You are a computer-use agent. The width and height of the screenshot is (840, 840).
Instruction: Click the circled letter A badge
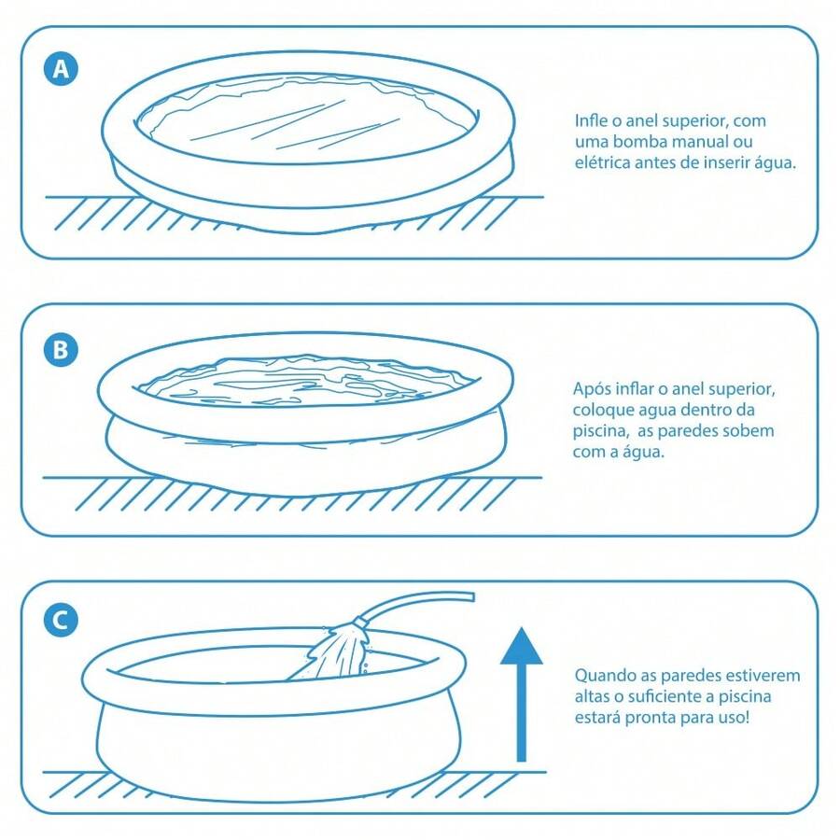tap(62, 69)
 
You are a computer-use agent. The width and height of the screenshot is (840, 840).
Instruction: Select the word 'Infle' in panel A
tap(590, 121)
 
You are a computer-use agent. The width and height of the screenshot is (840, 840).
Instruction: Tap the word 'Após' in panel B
tap(591, 389)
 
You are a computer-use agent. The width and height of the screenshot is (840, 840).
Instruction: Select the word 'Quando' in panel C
tap(602, 675)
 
